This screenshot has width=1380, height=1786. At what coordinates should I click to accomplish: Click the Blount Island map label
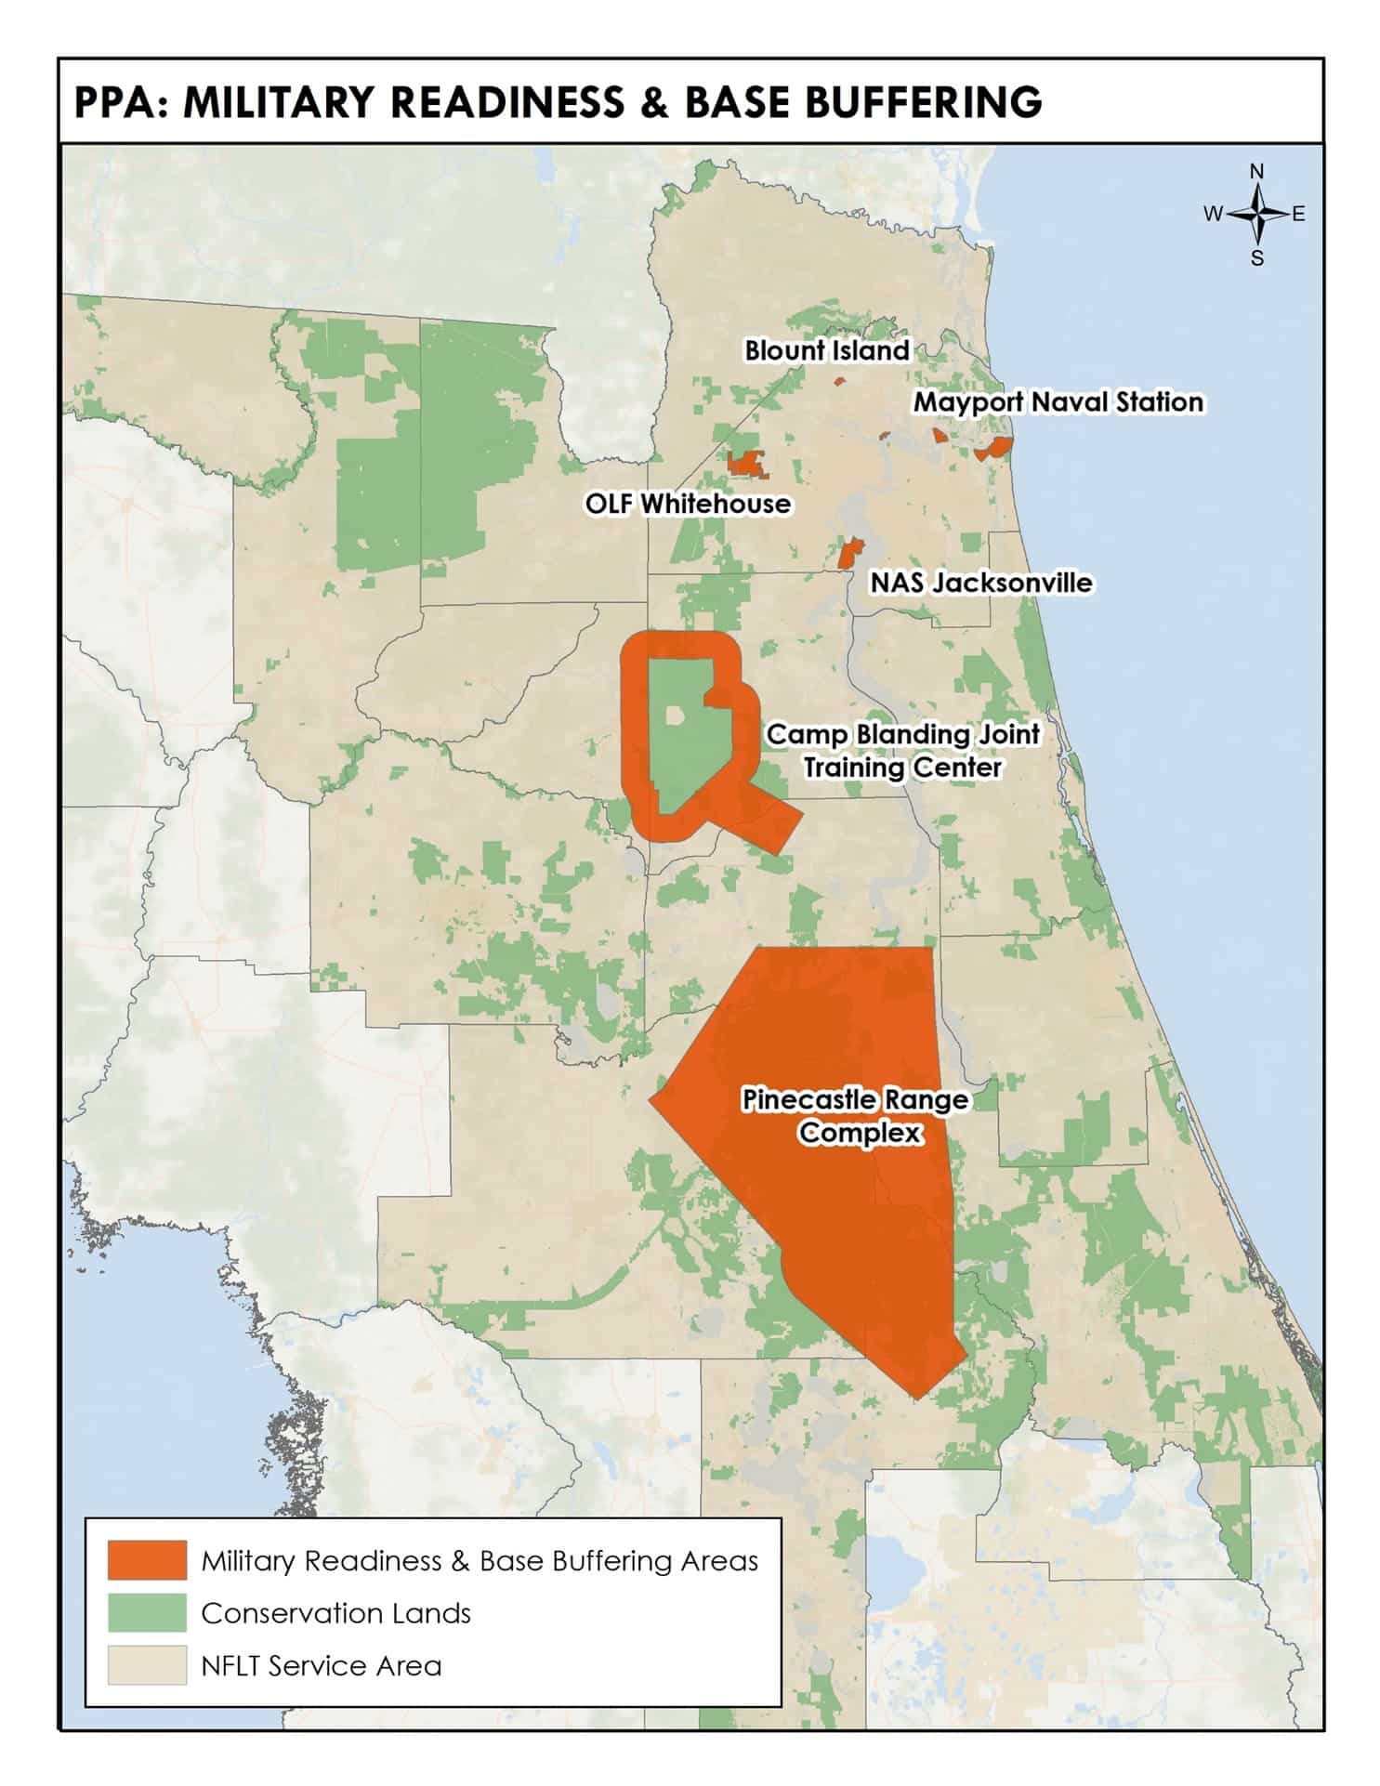pos(826,350)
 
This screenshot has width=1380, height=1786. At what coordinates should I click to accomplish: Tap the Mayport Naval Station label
pos(1058,402)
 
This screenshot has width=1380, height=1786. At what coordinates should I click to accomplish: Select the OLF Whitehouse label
pos(688,504)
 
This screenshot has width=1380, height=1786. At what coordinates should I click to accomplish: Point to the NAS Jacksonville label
pos(980,583)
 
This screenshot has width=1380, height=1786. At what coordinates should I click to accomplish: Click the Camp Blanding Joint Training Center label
pos(902,751)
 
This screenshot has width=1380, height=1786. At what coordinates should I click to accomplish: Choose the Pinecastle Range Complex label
pos(855,1116)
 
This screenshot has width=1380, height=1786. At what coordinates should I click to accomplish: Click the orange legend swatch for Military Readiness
pos(147,1560)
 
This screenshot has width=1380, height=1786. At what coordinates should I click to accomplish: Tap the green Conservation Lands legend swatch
pos(147,1612)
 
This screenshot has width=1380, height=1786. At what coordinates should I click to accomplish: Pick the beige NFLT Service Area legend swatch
pos(147,1665)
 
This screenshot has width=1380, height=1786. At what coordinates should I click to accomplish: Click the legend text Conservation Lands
pos(335,1613)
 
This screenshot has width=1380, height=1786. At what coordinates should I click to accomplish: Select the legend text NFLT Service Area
pos(321,1666)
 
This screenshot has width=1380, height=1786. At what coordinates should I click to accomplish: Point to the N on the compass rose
pos(1256,171)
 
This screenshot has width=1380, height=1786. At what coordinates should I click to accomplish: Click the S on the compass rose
pos(1256,258)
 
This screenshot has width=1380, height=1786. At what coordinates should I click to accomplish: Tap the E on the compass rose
pos(1298,214)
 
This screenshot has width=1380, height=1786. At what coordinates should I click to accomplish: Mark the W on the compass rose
pos(1213,214)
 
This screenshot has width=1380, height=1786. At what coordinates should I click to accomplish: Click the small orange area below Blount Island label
pos(838,381)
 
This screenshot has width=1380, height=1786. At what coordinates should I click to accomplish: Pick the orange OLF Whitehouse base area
pos(747,463)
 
